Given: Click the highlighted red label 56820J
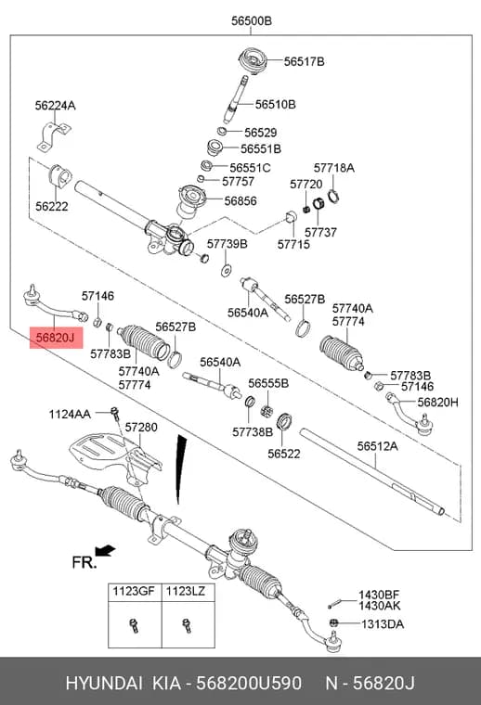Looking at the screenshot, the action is click(x=57, y=338).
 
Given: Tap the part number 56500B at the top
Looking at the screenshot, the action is click(x=252, y=20).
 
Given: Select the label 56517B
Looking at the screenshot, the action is click(x=305, y=61).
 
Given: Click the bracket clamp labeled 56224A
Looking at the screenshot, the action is click(x=54, y=135).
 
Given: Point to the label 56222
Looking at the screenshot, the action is click(x=52, y=206).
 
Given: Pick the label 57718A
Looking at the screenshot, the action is click(x=334, y=168).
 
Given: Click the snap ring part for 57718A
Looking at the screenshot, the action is click(x=334, y=196).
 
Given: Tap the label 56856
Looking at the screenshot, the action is click(x=240, y=200).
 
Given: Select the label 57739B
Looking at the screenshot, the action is click(x=227, y=244).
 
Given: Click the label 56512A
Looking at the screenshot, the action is click(x=378, y=446).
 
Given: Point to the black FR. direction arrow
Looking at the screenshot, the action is click(x=105, y=550).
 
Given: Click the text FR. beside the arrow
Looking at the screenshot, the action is click(x=84, y=562).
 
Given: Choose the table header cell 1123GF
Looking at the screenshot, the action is click(x=133, y=591).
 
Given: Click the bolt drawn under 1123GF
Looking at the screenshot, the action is click(x=134, y=625).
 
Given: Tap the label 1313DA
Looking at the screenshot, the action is click(x=383, y=624).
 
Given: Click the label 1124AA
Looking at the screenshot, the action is click(x=70, y=414).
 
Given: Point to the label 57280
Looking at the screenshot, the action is click(x=141, y=427).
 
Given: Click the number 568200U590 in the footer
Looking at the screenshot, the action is click(x=249, y=684).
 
